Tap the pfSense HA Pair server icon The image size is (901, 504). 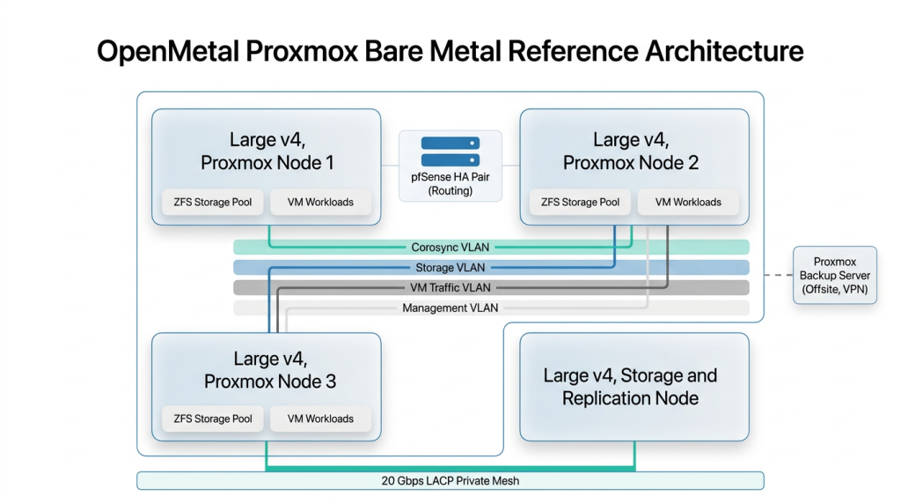(x=450, y=152)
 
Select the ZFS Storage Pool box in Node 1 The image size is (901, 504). (x=211, y=203)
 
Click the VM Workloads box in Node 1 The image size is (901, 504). (x=320, y=203)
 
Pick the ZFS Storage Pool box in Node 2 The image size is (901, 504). (x=579, y=203)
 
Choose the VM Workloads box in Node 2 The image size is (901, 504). (x=688, y=203)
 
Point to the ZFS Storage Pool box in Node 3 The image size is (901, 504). (x=211, y=419)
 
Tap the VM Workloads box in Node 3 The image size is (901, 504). (x=320, y=419)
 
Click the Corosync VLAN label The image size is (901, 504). (x=450, y=248)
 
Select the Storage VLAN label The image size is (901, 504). (x=450, y=268)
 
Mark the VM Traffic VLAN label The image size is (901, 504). (x=450, y=288)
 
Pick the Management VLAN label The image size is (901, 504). (x=450, y=308)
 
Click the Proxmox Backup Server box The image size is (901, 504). (x=835, y=276)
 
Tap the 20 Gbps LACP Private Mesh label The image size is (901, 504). (x=450, y=481)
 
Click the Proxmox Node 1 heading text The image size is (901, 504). (x=267, y=152)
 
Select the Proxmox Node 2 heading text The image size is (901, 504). (x=630, y=152)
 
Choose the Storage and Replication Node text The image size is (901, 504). (x=630, y=387)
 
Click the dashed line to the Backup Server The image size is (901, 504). (x=779, y=276)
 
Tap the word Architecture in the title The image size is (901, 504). (x=724, y=52)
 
